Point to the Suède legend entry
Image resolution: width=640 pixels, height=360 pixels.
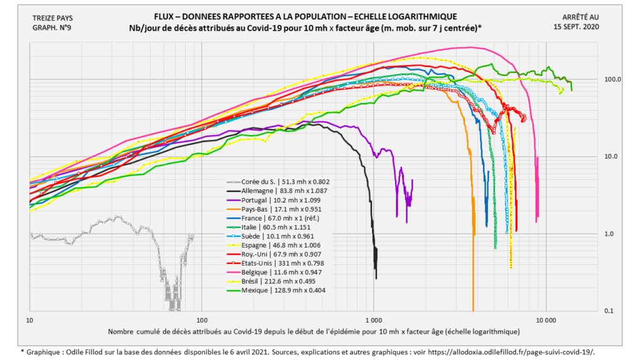(268, 236)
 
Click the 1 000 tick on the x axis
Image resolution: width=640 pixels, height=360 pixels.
(374, 319)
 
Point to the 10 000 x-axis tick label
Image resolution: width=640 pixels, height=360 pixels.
(546, 319)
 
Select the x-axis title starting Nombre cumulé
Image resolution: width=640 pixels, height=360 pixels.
(313, 331)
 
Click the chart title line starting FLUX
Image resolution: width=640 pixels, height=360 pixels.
(305, 16)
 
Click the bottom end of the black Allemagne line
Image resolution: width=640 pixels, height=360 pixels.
(376, 277)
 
